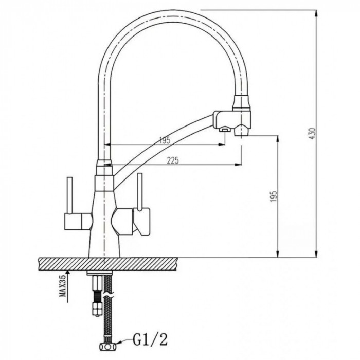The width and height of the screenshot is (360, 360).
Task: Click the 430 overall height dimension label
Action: coord(313,134)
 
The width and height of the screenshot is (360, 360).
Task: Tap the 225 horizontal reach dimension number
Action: coord(173,160)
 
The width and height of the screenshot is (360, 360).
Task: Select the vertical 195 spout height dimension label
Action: coord(274,196)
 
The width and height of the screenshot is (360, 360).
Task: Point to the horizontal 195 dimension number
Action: coord(165,140)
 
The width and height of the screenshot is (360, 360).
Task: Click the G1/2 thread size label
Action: coord(150,341)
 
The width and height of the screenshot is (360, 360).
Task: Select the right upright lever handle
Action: coord(139,192)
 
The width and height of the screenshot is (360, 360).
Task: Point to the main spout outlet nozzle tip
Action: coord(241,133)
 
